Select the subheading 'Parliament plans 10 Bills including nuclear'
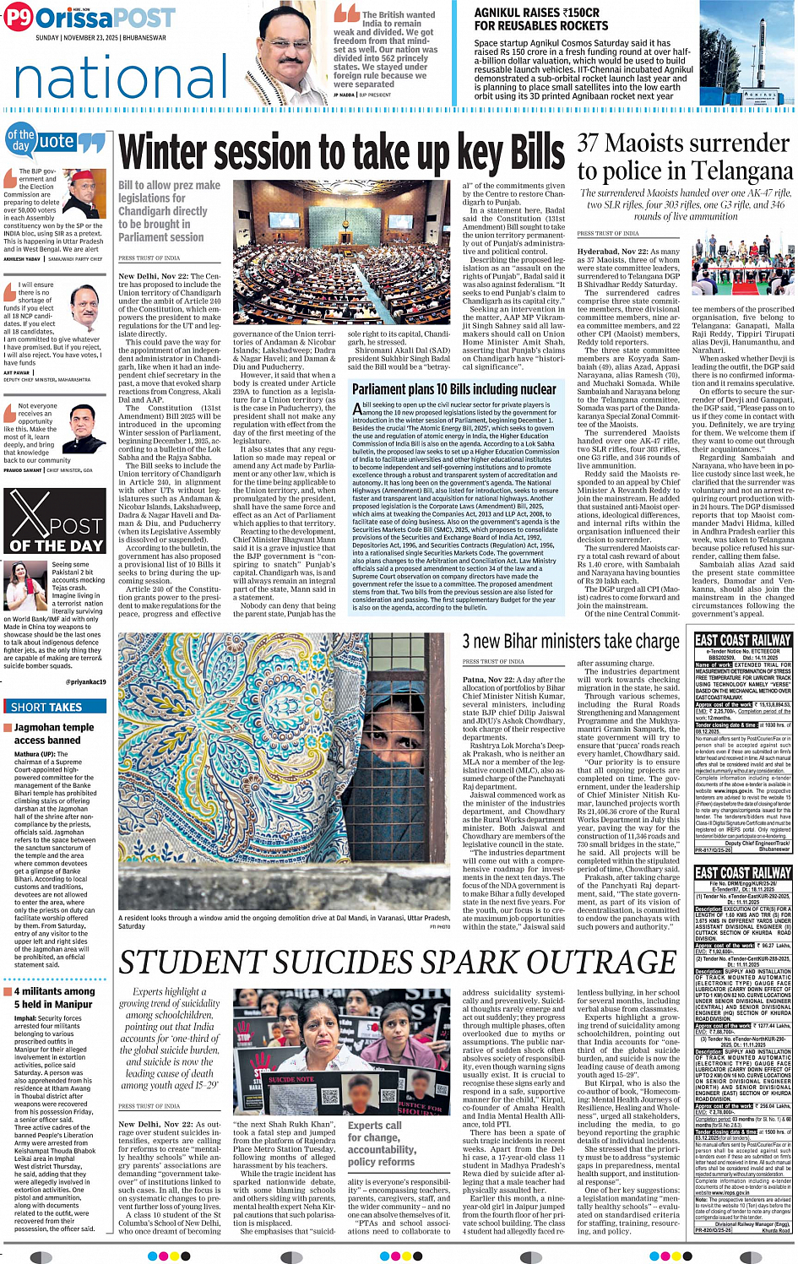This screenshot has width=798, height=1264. (x=453, y=389)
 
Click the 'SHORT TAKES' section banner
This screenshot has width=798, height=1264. (x=46, y=707)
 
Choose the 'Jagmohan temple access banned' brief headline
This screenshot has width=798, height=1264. (x=54, y=734)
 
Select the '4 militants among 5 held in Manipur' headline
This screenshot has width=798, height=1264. (x=54, y=997)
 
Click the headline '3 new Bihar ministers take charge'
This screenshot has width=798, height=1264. (x=570, y=642)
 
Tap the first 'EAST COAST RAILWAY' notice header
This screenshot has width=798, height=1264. (x=743, y=641)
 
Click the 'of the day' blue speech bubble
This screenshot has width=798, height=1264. (x=20, y=140)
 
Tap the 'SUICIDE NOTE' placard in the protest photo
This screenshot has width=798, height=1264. (x=291, y=1079)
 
